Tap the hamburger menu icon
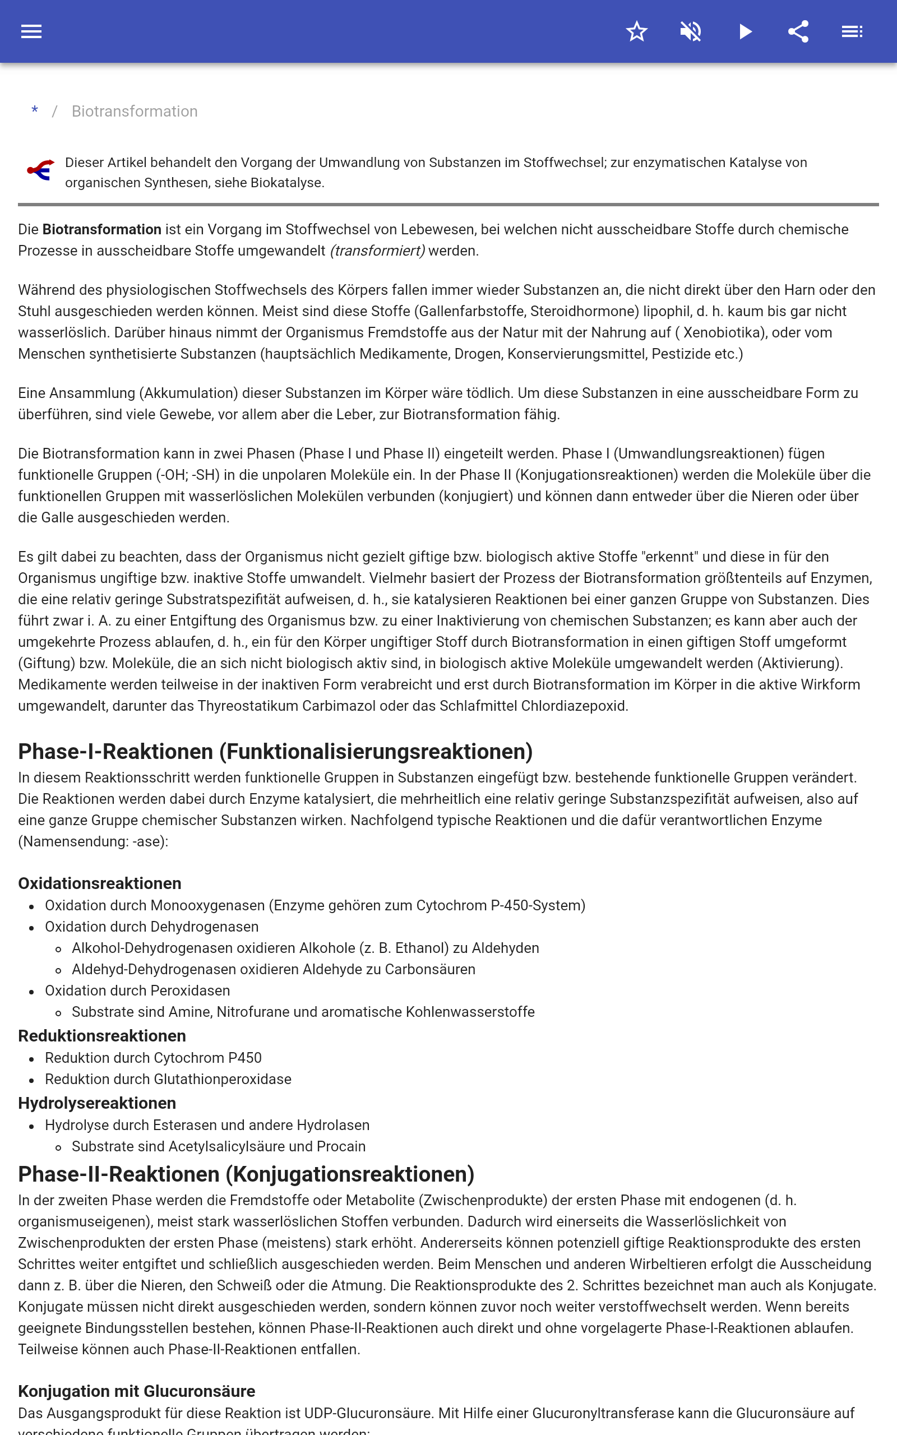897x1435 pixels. point(31,31)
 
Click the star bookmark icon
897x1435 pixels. point(636,31)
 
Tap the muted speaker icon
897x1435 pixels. point(691,31)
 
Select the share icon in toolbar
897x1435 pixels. point(798,31)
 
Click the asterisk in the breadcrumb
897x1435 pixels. point(35,111)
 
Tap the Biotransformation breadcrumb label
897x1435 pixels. point(135,112)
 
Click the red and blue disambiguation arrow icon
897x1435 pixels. point(41,171)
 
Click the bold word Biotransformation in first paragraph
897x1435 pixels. point(101,229)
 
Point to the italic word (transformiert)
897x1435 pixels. point(377,251)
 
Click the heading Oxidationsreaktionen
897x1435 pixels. point(100,883)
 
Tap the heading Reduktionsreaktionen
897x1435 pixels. point(102,1036)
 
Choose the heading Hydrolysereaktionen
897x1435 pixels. point(98,1103)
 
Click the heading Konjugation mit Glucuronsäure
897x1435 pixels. point(136,1391)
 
